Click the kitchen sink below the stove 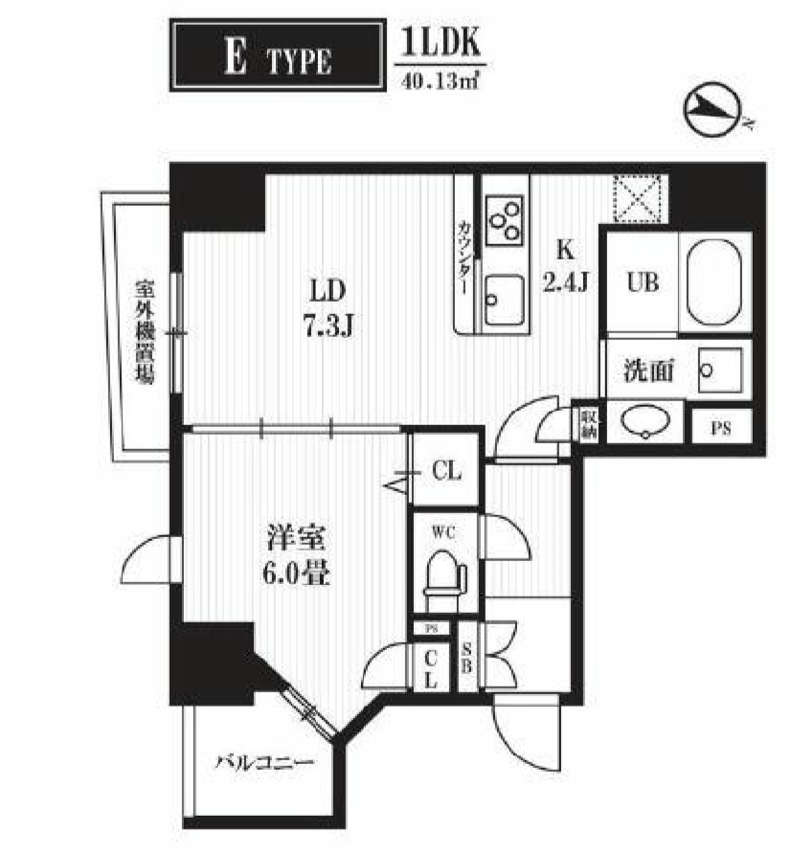[503, 300]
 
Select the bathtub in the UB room [712, 281]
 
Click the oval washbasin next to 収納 [644, 421]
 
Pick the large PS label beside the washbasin [721, 428]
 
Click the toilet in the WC [442, 574]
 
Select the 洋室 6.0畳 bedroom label [298, 556]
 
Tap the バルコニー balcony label [263, 763]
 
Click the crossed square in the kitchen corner [639, 198]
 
